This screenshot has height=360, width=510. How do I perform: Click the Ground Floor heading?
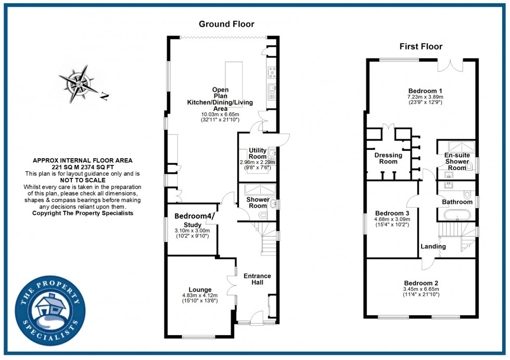click(226, 24)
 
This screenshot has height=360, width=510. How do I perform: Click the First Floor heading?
click(421, 46)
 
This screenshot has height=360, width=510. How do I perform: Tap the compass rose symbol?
click(80, 84)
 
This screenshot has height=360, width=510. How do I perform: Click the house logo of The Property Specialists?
click(50, 311)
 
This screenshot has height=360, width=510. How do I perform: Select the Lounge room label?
click(200, 289)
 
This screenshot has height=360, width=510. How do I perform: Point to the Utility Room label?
click(258, 153)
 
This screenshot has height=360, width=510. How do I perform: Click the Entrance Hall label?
click(257, 279)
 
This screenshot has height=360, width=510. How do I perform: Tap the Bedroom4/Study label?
click(195, 220)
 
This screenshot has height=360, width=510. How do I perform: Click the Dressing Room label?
click(388, 158)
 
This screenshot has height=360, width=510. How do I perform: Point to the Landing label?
click(433, 247)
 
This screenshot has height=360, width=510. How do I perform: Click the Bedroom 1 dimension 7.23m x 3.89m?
click(426, 97)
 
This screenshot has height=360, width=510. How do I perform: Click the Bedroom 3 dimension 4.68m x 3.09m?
click(392, 219)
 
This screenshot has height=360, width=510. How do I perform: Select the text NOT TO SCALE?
click(83, 180)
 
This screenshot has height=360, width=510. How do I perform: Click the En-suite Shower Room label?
click(457, 162)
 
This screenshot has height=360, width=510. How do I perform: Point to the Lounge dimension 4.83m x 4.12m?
click(200, 295)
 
